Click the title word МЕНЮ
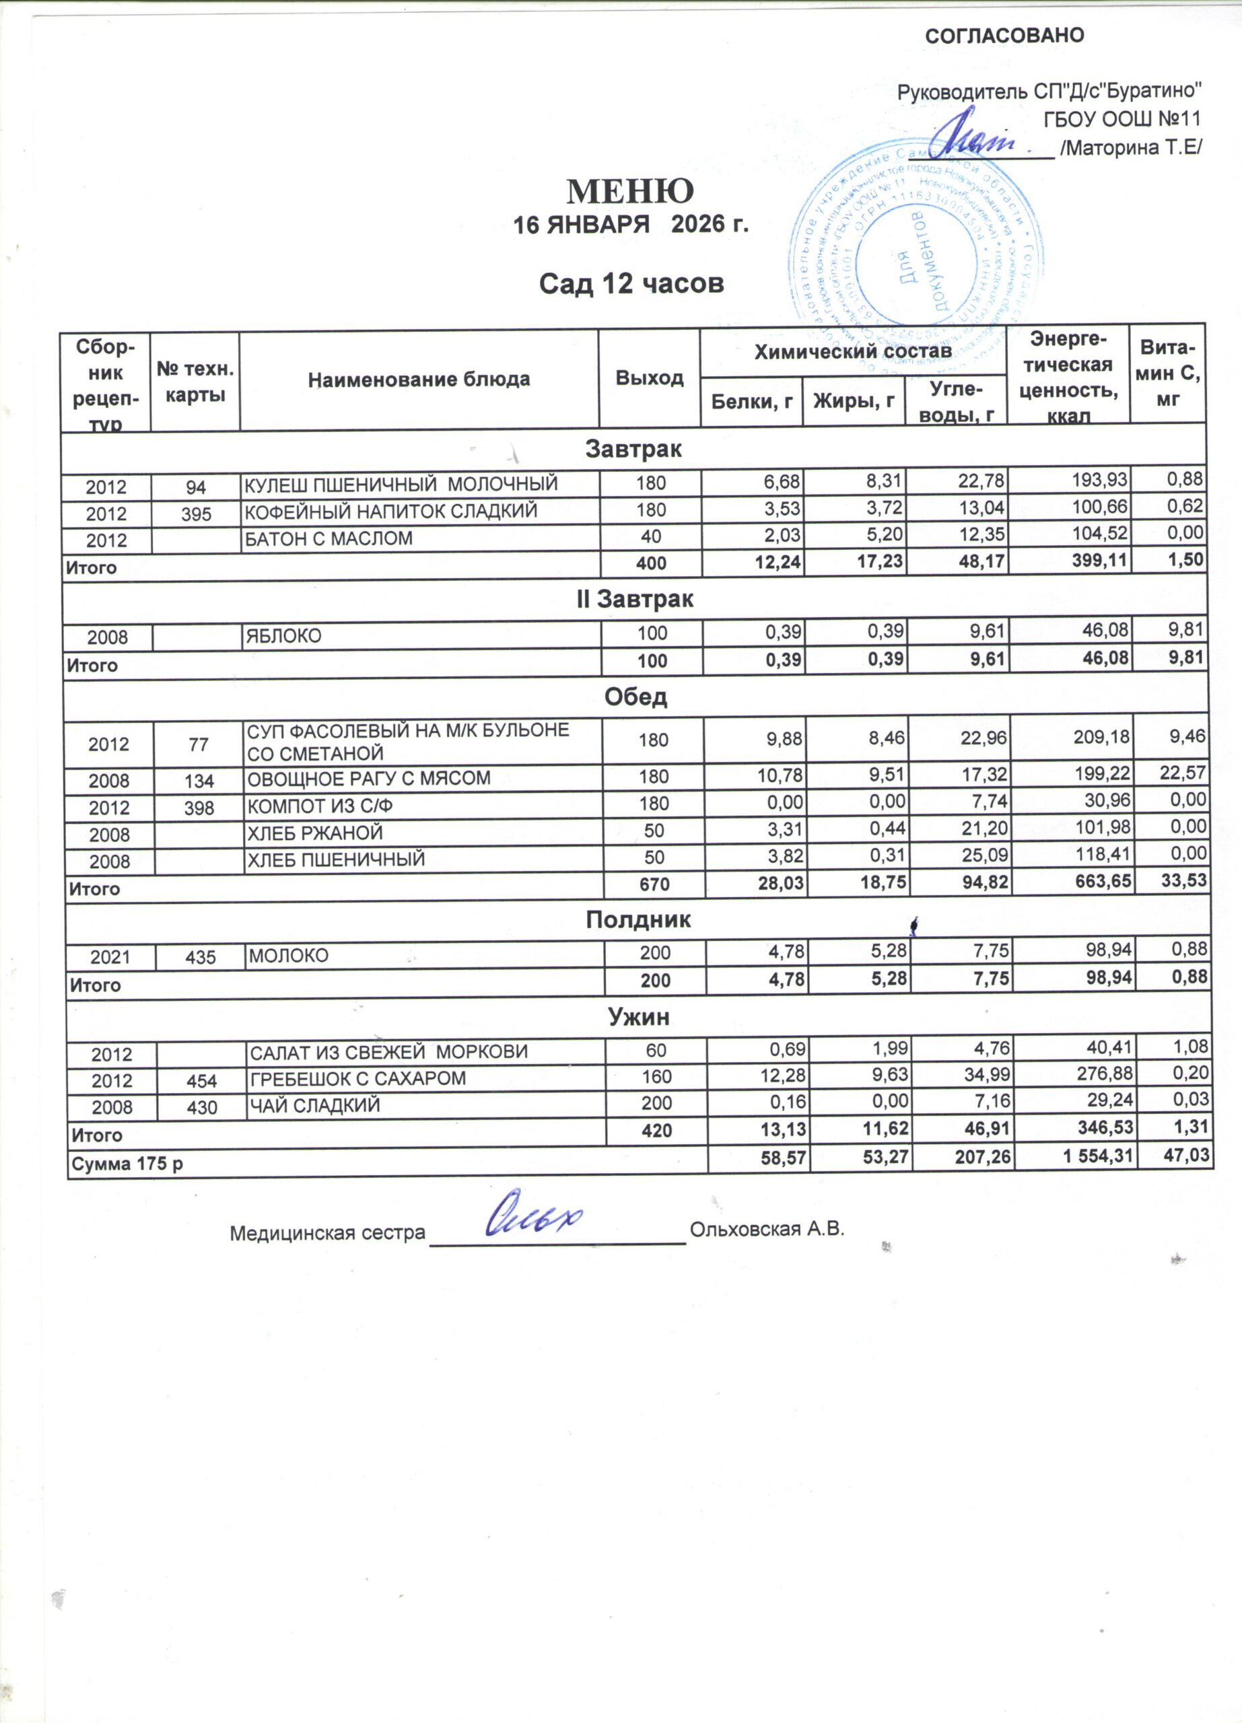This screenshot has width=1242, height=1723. point(631,191)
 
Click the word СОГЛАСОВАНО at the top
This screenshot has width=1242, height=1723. point(1004,36)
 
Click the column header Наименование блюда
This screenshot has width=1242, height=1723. point(419,379)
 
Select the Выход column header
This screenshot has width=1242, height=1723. point(650,378)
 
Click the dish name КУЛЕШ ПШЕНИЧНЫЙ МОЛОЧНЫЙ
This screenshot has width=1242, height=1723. point(401,483)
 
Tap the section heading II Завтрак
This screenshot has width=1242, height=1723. point(634,600)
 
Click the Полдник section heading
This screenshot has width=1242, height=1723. point(638,920)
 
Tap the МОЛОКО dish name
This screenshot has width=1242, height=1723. point(289,955)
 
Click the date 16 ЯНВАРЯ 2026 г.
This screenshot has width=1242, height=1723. point(631,225)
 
